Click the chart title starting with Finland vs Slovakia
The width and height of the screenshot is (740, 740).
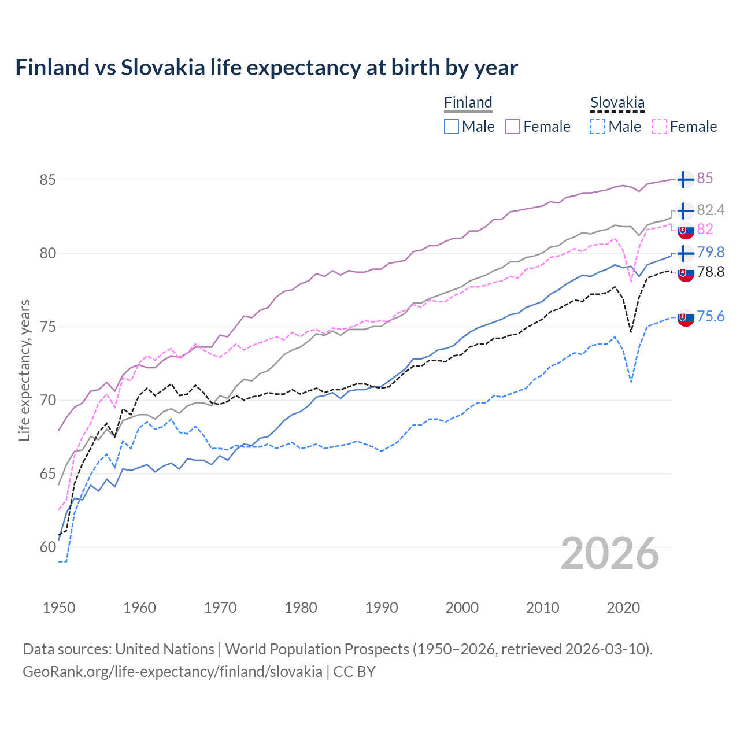[x=267, y=68]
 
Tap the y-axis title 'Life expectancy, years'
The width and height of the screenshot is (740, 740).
[x=24, y=370]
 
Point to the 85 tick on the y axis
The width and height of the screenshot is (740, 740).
[x=47, y=180]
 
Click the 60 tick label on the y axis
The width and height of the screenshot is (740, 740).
[x=47, y=547]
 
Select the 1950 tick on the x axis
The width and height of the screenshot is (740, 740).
[x=59, y=608]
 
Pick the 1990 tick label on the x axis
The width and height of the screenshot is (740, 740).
[x=382, y=608]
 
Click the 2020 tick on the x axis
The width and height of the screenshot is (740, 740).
[x=623, y=608]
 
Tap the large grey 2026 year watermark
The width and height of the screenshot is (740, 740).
[x=609, y=554]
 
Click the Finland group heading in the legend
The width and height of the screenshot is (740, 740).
[x=468, y=102]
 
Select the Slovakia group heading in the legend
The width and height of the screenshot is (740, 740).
[x=617, y=103]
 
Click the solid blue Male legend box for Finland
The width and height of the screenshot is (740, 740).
[x=452, y=127]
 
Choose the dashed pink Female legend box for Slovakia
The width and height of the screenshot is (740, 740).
[x=660, y=127]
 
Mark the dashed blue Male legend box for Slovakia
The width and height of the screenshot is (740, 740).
[x=598, y=127]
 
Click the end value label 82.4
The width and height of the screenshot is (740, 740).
[x=711, y=210]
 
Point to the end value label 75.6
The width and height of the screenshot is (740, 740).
[x=711, y=316]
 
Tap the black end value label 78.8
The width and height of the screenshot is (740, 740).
[x=711, y=272]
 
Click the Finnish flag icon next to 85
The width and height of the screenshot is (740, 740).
[x=685, y=179]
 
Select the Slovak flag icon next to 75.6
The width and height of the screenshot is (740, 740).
[x=685, y=317]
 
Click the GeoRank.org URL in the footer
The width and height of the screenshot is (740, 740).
[x=172, y=672]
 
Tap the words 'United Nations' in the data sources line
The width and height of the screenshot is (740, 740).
[x=165, y=649]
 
